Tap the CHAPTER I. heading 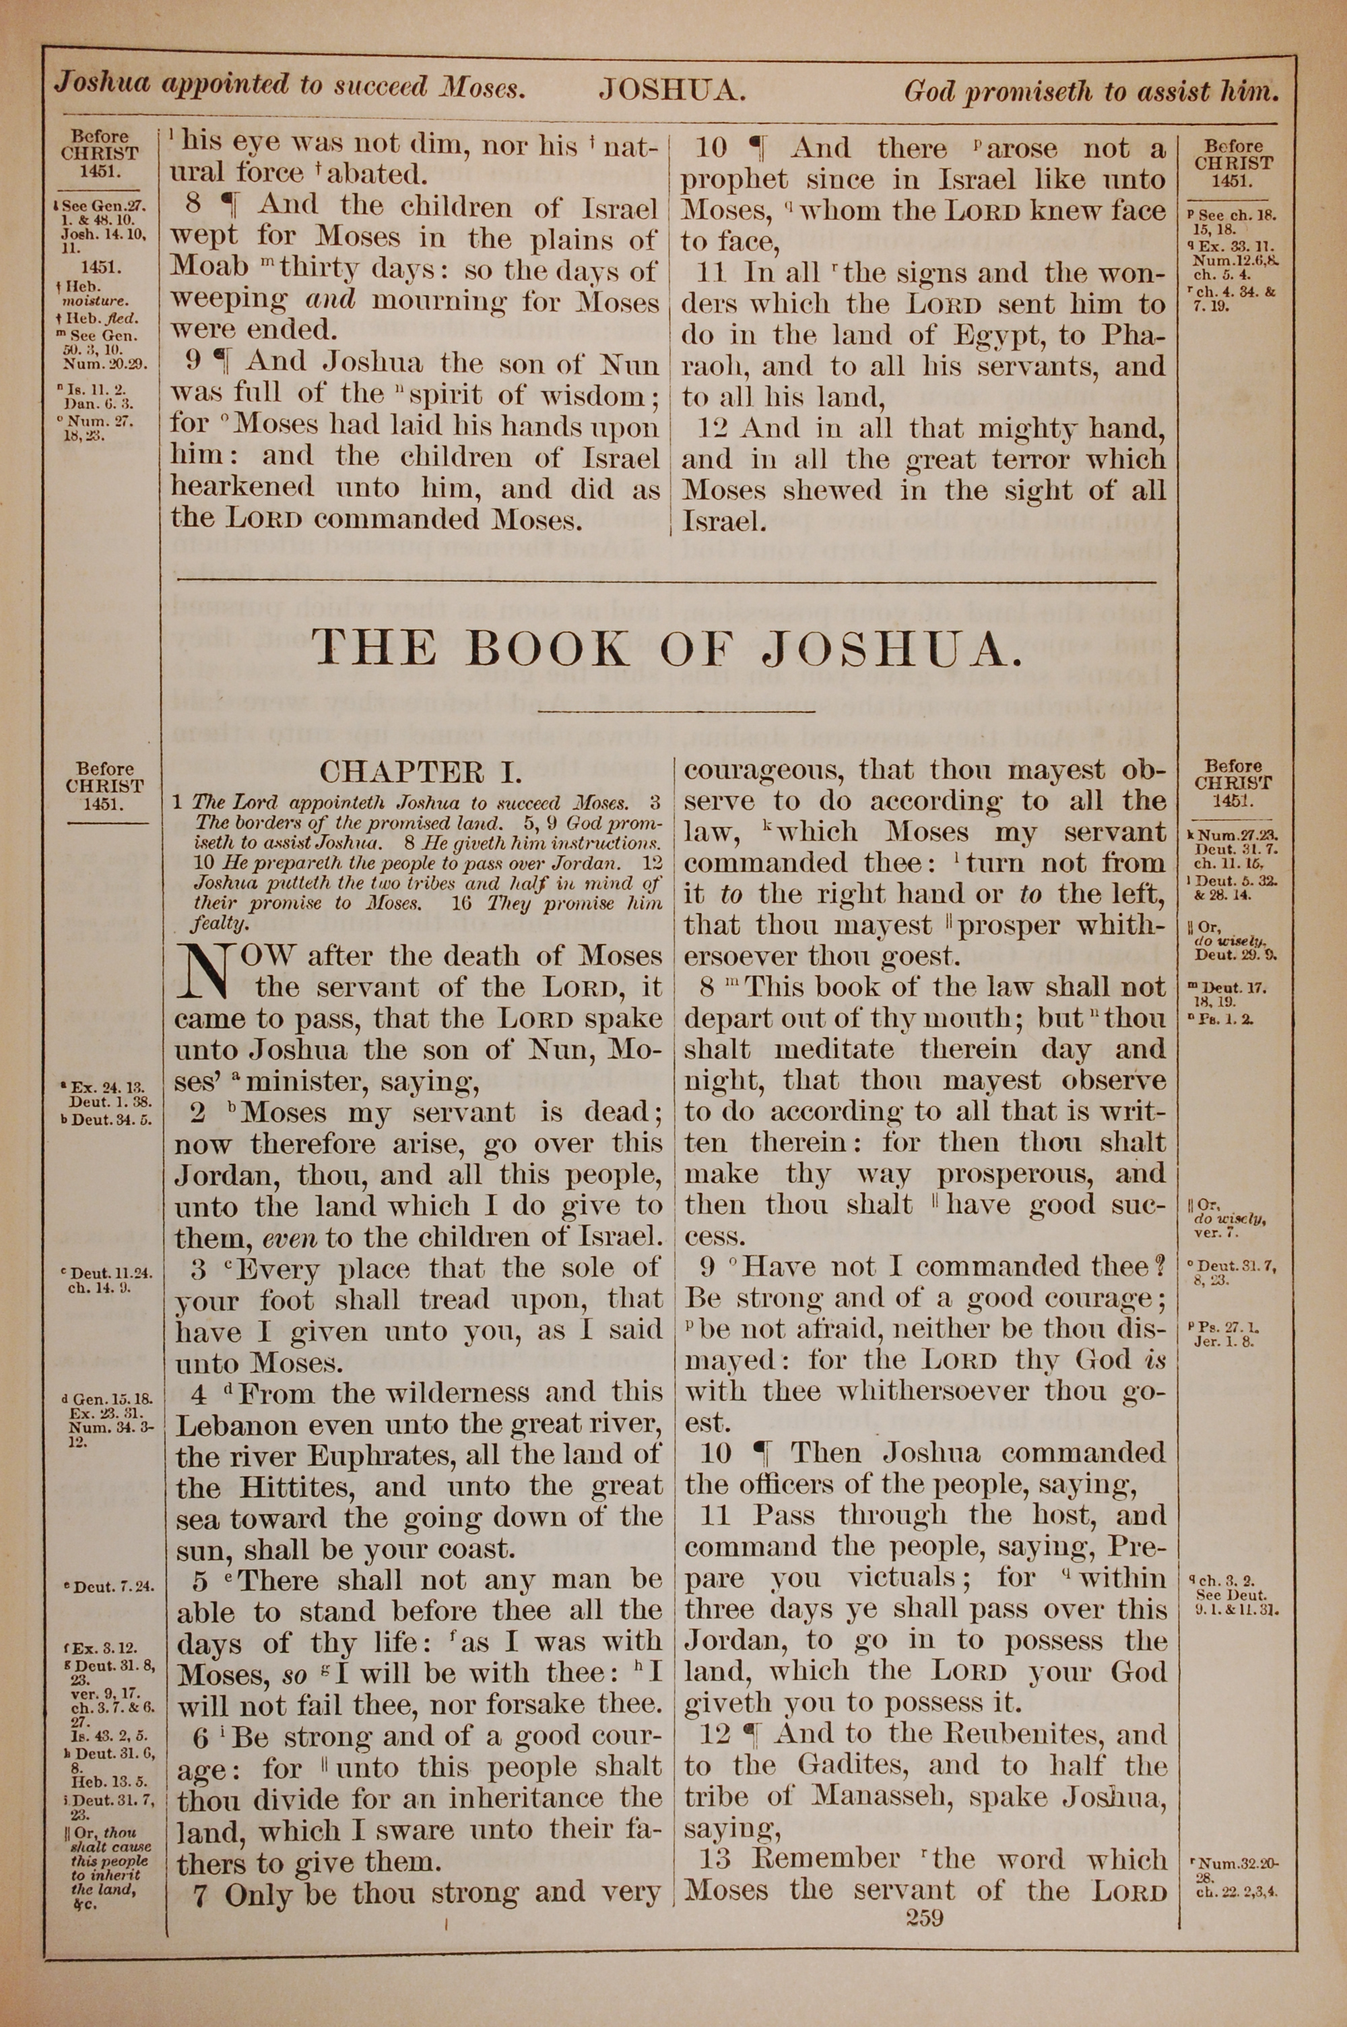pos(420,772)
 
